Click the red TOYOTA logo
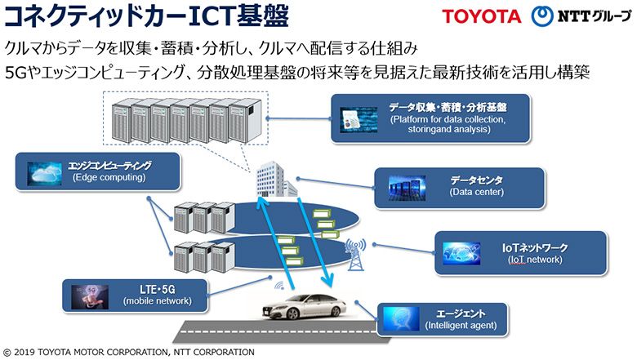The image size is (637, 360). point(482,16)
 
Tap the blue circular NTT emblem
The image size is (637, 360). point(542,16)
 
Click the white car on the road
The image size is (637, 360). point(305,306)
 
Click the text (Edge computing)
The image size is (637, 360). point(109,177)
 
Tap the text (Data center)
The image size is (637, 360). point(477,192)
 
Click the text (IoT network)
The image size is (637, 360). point(535,260)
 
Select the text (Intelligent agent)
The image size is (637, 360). point(461,326)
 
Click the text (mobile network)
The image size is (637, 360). point(158,301)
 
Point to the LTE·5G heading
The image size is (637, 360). point(158,289)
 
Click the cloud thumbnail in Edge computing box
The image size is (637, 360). point(44,174)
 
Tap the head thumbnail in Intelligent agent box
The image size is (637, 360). point(401,319)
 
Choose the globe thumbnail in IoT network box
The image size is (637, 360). point(461,254)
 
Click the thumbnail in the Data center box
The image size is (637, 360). point(407,189)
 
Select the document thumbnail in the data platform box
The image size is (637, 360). point(359,120)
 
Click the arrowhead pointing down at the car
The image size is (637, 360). point(327,281)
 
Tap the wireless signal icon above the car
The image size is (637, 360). point(279,286)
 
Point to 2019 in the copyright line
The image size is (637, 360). point(24,353)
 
